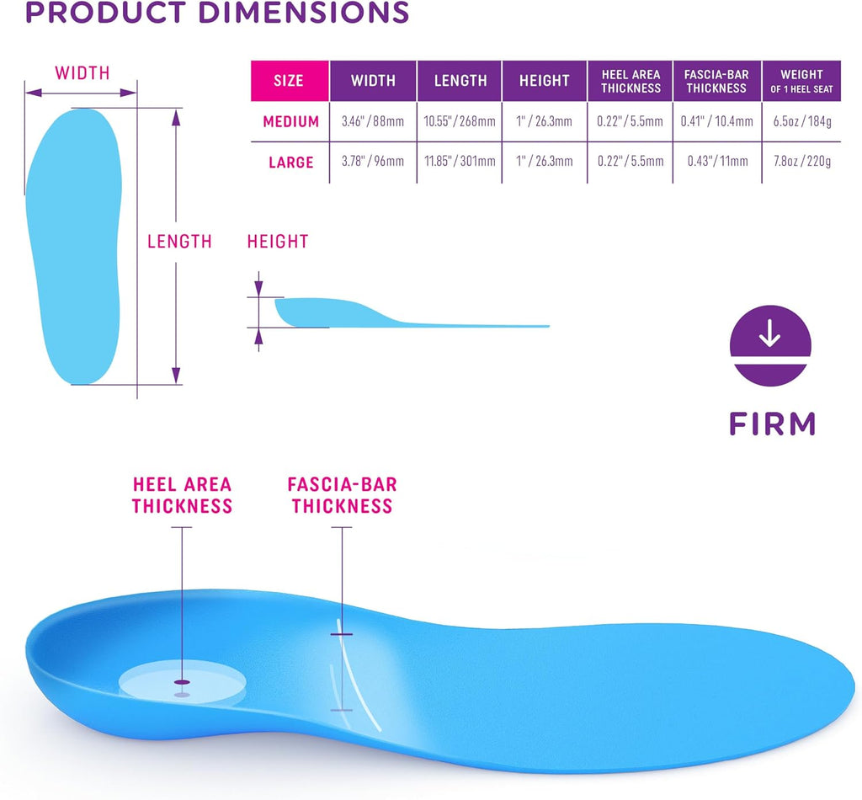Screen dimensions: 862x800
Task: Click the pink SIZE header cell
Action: [290, 81]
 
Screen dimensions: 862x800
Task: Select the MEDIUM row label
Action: [290, 121]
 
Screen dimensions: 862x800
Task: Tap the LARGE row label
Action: [290, 163]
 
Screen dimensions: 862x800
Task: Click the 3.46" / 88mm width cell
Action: [373, 121]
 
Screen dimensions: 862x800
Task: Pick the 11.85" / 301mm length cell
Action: [460, 161]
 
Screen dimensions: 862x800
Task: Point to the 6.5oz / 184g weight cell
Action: [802, 121]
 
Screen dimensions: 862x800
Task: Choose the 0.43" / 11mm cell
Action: [717, 161]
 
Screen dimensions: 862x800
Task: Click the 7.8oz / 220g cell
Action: [802, 161]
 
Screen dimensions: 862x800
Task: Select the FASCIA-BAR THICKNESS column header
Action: [717, 81]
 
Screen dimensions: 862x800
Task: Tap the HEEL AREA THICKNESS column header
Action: [631, 81]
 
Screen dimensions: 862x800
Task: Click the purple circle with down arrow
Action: [770, 346]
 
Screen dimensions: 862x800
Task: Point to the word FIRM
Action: [772, 424]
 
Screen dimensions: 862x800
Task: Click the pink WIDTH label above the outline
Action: [82, 72]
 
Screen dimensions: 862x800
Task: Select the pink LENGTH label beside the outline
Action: [179, 242]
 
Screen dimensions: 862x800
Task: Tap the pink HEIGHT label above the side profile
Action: [278, 242]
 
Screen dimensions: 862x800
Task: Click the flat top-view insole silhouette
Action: [74, 247]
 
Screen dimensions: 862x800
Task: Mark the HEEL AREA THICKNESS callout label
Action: [182, 495]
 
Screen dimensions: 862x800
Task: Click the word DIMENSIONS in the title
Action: [303, 12]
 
